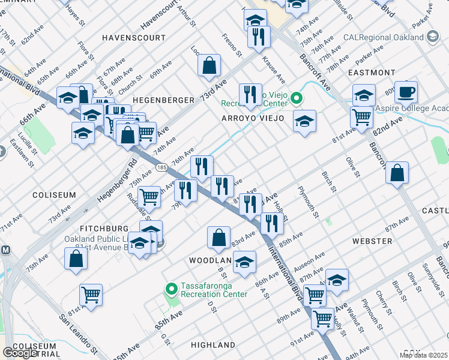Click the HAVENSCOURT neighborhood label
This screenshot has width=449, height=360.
pos(133,37)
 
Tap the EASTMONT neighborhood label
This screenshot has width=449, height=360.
pos(372,73)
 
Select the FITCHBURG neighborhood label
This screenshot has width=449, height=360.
pos(104,229)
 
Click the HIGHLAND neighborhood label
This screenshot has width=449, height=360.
pos(213,345)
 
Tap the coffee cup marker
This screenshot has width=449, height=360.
pos(406,92)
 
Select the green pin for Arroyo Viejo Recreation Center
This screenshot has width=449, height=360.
pos(295,98)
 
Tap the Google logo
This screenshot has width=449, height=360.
pos(20,353)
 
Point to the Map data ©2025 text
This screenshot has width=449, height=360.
pos(423,355)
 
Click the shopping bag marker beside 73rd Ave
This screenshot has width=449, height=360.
pos(209,66)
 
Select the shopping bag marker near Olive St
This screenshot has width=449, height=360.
pos(397,173)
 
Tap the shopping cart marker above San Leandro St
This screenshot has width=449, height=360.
pos(91,295)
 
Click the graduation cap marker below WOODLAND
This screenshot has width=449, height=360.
pos(244,262)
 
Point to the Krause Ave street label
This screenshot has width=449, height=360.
pos(274,70)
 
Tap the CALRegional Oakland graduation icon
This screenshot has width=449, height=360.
pos(431,37)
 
